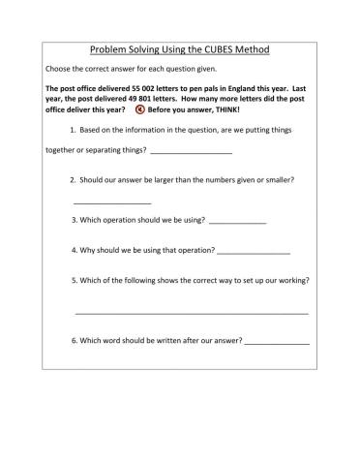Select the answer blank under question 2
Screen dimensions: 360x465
[x=112, y=202]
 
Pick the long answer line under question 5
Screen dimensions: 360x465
[x=192, y=313]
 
